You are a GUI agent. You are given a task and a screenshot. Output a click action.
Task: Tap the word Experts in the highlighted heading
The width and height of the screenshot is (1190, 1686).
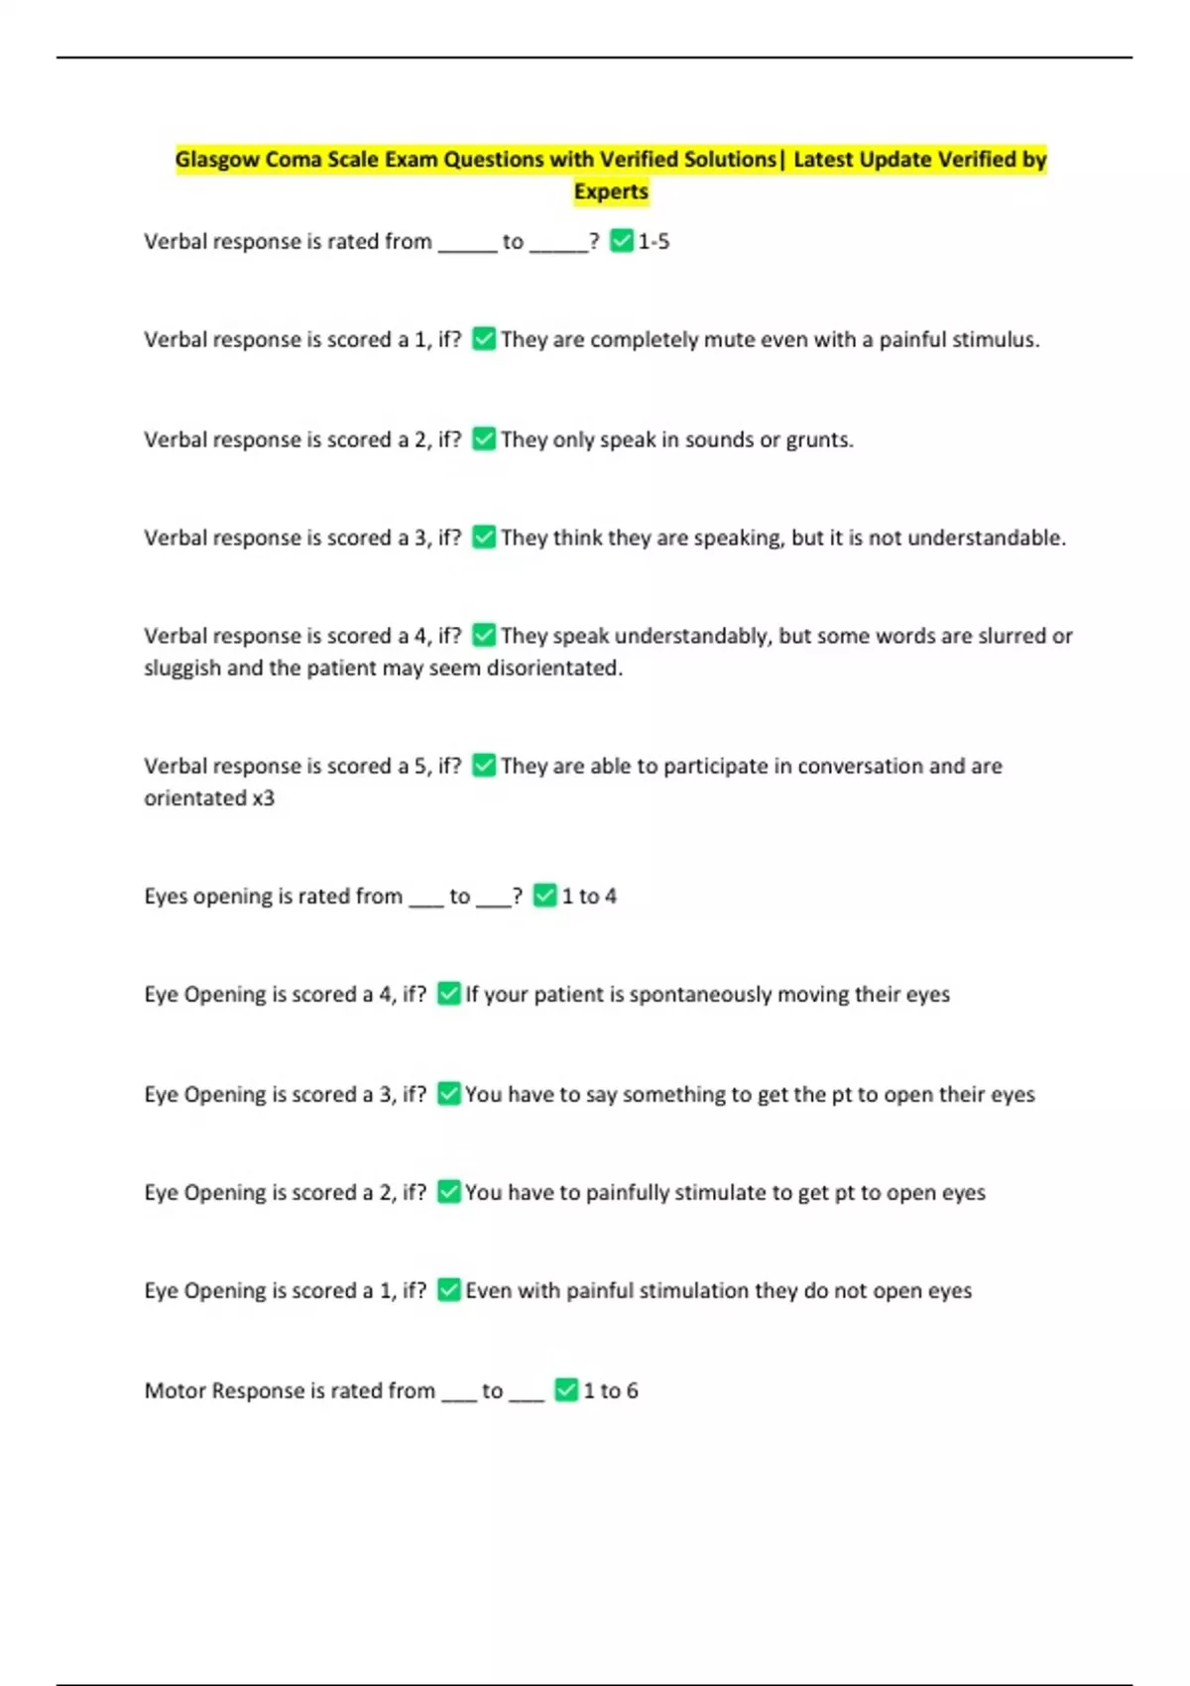(611, 191)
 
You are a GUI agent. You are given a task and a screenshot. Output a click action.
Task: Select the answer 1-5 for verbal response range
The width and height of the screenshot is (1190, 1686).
(654, 242)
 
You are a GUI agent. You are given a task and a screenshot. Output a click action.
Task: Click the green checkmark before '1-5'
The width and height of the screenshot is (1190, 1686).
(622, 241)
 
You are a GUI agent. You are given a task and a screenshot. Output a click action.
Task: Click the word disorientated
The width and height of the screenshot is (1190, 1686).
(554, 668)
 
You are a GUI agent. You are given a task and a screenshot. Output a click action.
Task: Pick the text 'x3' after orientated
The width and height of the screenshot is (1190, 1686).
(263, 798)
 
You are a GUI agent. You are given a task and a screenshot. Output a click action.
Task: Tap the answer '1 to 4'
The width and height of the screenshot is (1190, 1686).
(589, 897)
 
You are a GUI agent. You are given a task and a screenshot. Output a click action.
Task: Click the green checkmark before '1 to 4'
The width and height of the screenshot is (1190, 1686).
(545, 896)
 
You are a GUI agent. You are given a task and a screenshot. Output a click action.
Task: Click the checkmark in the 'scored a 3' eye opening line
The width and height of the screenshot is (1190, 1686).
(449, 1093)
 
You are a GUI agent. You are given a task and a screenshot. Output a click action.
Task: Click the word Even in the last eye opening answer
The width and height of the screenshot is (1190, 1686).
(488, 1291)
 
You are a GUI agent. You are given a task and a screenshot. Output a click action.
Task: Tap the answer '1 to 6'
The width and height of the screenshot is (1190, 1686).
(611, 1391)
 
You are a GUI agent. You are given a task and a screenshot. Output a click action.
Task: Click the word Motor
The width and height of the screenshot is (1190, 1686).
(176, 1391)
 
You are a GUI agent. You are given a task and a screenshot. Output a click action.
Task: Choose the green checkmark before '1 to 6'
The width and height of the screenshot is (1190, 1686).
(566, 1390)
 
